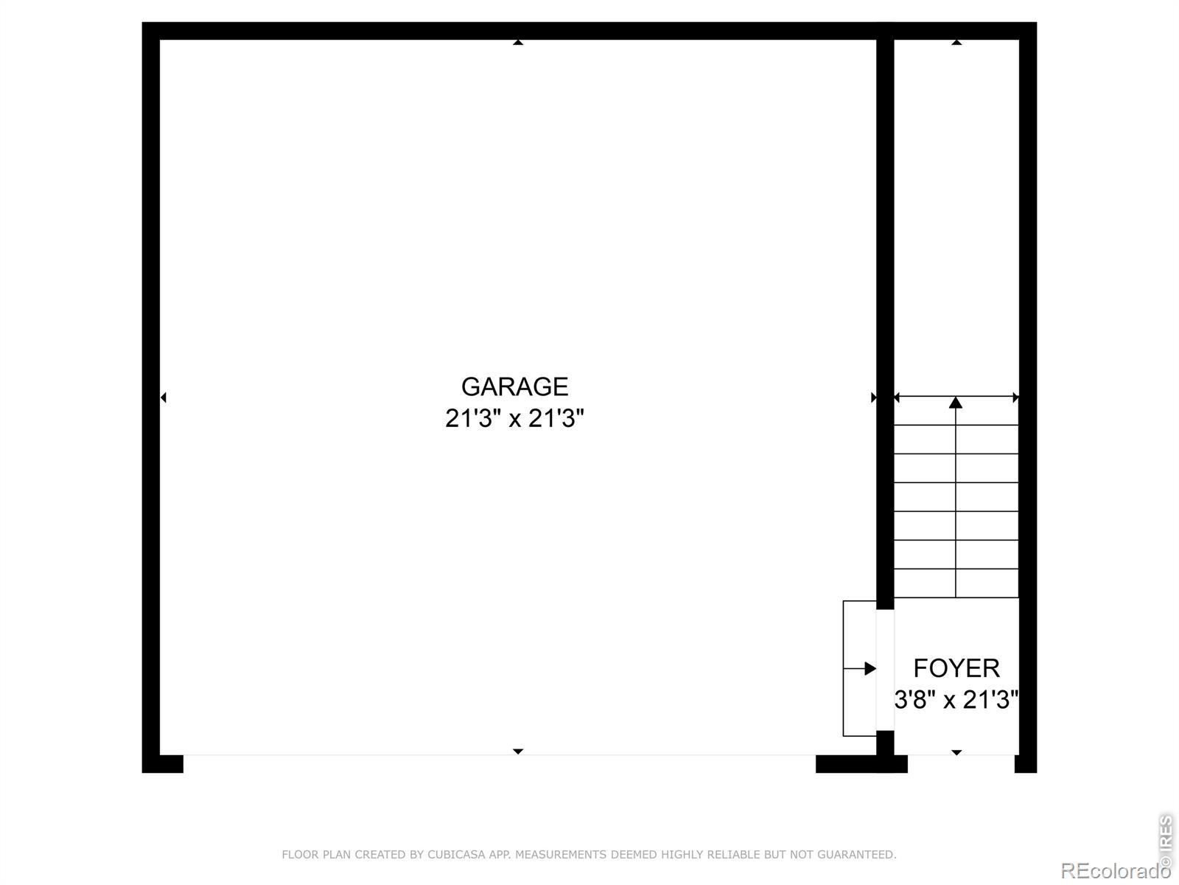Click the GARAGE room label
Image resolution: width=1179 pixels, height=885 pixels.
click(x=514, y=386)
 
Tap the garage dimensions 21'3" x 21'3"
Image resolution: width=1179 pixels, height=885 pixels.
click(x=514, y=419)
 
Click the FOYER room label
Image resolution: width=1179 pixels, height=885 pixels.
click(x=956, y=668)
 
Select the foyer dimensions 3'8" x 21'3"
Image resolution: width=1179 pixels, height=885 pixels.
click(x=956, y=699)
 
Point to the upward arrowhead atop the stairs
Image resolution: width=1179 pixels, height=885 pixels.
click(x=956, y=403)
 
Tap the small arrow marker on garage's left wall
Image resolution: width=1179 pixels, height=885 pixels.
click(x=164, y=398)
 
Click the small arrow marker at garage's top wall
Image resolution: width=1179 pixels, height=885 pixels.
click(x=518, y=43)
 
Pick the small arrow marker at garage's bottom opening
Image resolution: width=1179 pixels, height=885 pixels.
click(x=518, y=751)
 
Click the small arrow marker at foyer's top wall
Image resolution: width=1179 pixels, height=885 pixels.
click(x=956, y=43)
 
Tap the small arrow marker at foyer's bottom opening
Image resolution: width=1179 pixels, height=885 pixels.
click(x=956, y=752)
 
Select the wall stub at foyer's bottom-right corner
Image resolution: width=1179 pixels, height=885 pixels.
click(x=1026, y=764)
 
